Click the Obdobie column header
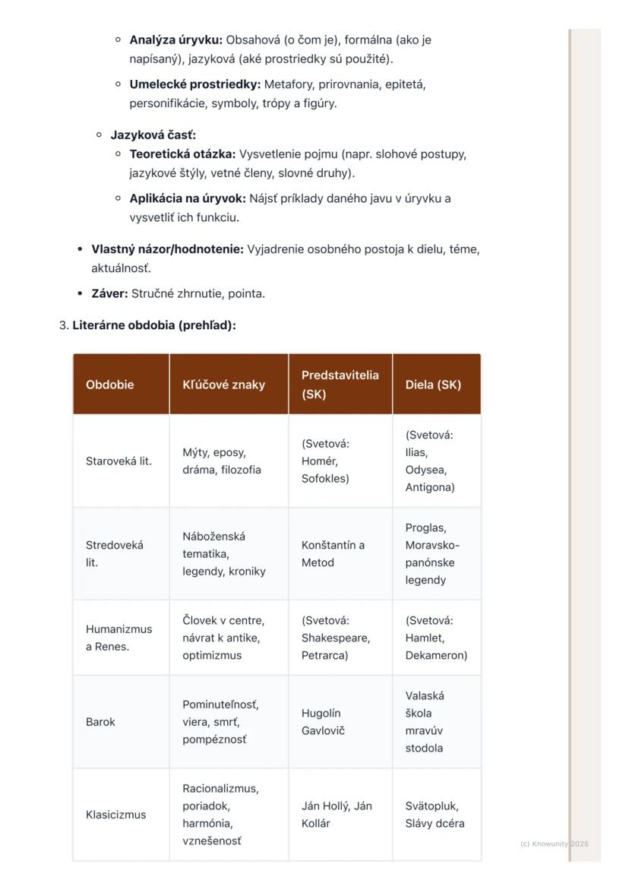(109, 385)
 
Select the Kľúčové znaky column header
(223, 385)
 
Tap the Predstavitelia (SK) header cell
(340, 385)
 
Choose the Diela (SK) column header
(433, 385)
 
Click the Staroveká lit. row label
(119, 461)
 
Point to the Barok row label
(100, 722)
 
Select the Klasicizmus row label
(115, 815)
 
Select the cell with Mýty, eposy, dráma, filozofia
(221, 461)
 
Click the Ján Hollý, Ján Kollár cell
(337, 815)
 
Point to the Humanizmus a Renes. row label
(119, 638)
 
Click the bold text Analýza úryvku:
(175, 40)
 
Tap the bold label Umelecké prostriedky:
(194, 84)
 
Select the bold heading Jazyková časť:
(153, 135)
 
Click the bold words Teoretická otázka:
(182, 154)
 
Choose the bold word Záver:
(109, 293)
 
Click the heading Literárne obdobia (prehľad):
(154, 325)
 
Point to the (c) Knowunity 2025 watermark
(554, 844)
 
